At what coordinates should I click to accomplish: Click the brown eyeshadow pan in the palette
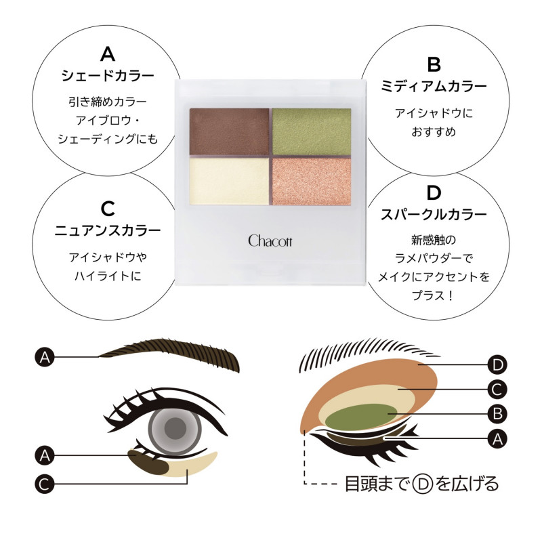(x=229, y=131)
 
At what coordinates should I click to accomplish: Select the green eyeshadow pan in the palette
(x=312, y=131)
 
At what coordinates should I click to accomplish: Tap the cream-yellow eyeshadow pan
(x=229, y=181)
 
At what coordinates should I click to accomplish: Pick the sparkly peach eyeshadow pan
(x=312, y=181)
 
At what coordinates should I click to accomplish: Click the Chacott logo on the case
(x=270, y=241)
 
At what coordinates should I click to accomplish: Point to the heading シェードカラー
(x=108, y=76)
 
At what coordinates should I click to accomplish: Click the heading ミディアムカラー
(x=434, y=86)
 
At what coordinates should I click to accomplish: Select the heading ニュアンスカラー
(x=108, y=230)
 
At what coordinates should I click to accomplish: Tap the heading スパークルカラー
(x=434, y=215)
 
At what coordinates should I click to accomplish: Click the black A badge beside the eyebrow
(x=45, y=357)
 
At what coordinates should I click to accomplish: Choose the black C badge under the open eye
(x=45, y=484)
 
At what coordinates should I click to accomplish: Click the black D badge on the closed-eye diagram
(x=497, y=364)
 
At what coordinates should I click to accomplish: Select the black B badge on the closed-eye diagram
(x=497, y=414)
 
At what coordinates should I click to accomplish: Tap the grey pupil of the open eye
(x=175, y=428)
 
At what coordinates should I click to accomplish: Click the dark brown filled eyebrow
(x=169, y=354)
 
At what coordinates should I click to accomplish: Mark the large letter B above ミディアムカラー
(x=434, y=64)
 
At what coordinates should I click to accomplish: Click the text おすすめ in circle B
(x=434, y=131)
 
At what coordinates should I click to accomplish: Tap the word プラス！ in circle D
(x=433, y=295)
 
